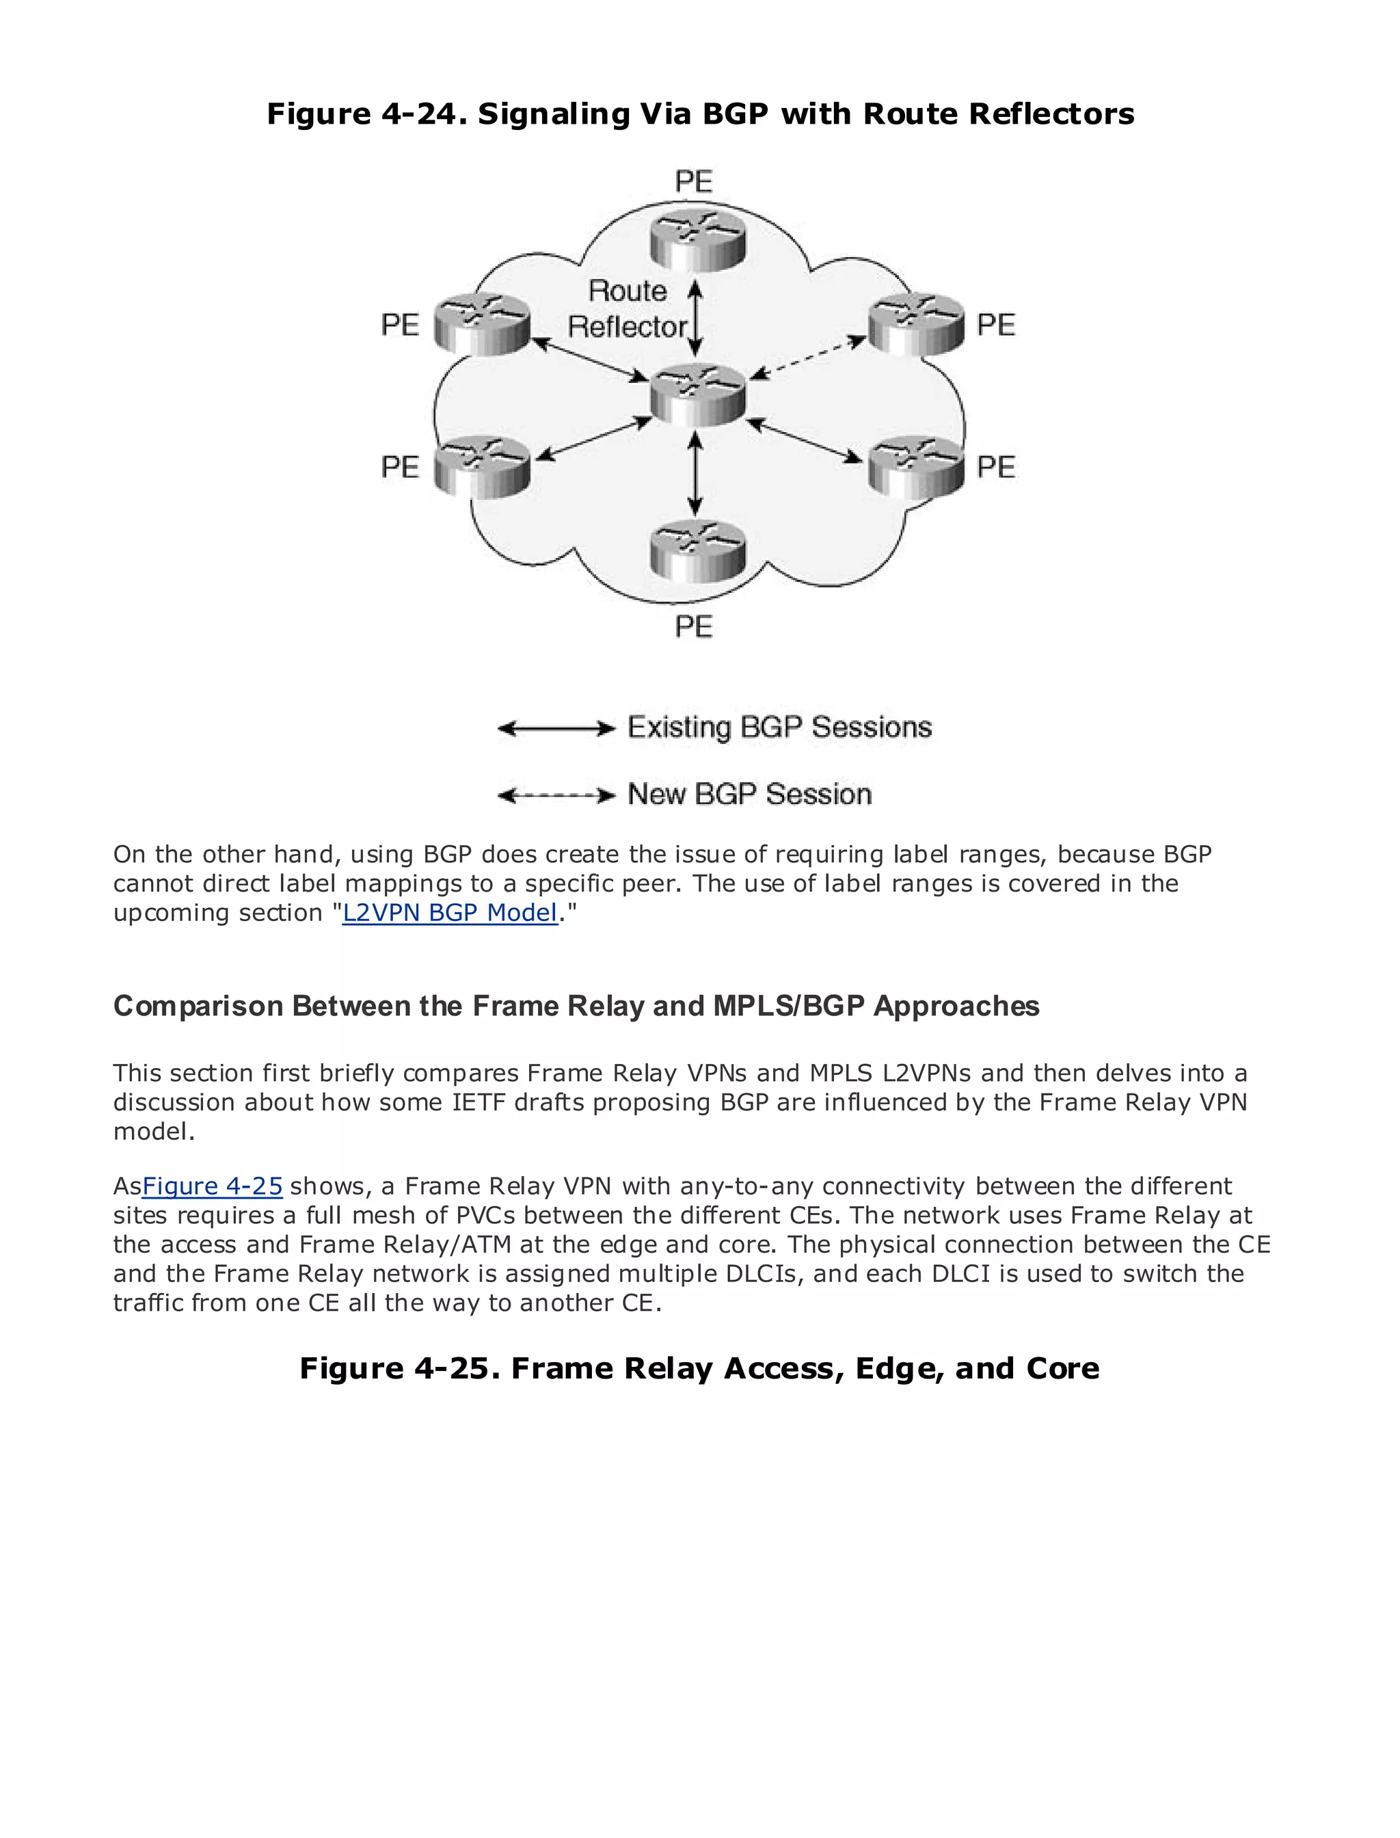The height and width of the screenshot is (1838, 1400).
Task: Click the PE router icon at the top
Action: click(697, 239)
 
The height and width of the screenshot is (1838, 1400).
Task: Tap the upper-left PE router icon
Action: click(483, 324)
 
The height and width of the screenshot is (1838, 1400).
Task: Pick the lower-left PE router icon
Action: click(483, 467)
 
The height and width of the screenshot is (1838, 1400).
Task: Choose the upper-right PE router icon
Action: click(916, 324)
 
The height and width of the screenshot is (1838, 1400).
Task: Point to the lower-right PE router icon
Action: click(916, 467)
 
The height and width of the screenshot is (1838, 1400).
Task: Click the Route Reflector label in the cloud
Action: click(628, 309)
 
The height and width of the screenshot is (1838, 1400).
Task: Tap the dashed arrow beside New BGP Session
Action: click(556, 796)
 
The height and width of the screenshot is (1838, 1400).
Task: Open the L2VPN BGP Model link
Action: click(450, 913)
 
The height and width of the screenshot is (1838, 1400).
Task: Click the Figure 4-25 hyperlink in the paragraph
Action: click(213, 1186)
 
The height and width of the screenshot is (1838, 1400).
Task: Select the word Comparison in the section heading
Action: click(198, 1006)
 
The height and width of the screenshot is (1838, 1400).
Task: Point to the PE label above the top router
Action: click(694, 181)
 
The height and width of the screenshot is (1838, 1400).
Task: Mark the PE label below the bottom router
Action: click(694, 626)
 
